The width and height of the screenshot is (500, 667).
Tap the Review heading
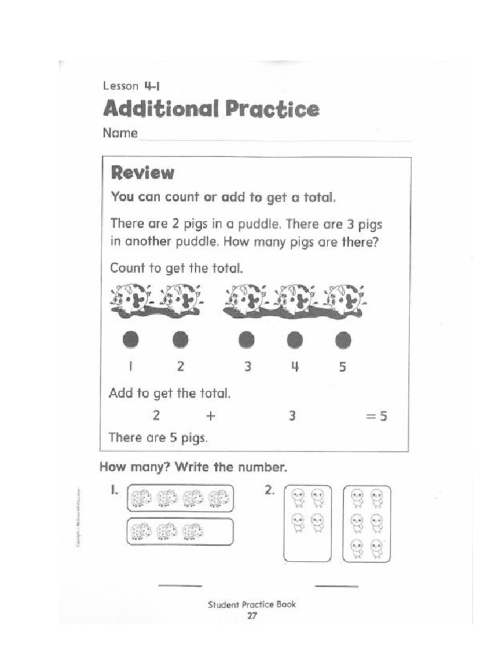point(143,173)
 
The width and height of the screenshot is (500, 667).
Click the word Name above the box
point(120,134)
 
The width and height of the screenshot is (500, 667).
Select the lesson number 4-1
point(152,85)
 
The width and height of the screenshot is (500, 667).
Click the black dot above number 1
point(131,339)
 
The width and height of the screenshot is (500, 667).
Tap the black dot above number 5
point(343,339)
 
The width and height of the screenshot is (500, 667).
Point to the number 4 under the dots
point(295,367)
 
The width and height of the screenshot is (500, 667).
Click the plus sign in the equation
point(210,416)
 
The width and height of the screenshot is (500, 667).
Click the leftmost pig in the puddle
point(132,300)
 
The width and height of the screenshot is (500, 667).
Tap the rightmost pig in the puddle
point(344,300)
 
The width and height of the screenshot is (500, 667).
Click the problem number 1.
point(113,489)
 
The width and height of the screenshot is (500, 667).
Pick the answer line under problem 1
point(180,585)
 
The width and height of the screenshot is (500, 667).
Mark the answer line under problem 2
point(336,585)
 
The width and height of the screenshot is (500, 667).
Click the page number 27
point(251,616)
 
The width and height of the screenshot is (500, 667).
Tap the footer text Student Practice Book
point(251,604)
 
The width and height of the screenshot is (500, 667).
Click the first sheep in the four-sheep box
point(141,499)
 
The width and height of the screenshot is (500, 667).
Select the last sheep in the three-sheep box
point(192,532)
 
